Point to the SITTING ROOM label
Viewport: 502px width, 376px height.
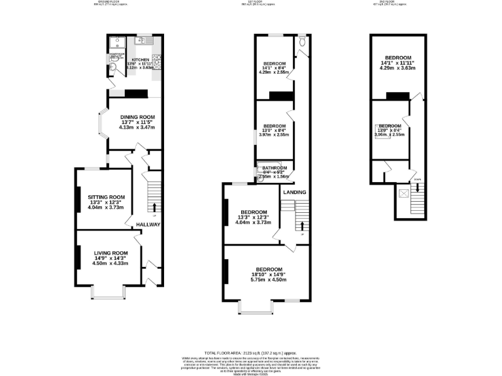[x=108, y=196]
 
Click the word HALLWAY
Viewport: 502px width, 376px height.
[x=149, y=225]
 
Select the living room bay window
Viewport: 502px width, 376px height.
[x=107, y=292]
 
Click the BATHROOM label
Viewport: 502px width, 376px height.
[x=275, y=168]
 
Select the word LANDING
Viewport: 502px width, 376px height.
[x=293, y=192]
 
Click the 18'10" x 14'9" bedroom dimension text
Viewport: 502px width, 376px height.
[x=269, y=275]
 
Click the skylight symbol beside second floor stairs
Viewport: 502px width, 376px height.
[x=403, y=193]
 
